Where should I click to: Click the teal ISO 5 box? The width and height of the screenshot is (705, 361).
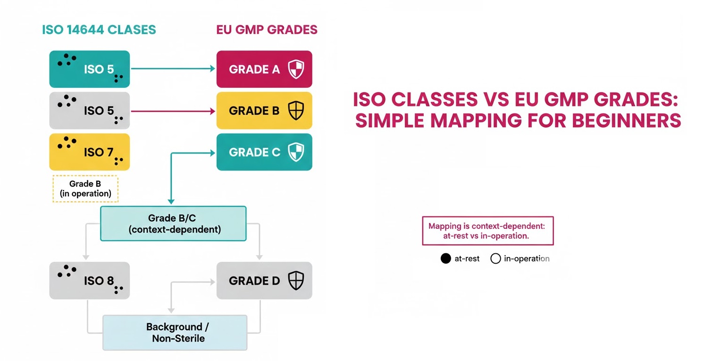(x=89, y=69)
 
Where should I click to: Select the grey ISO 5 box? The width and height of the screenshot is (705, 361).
(x=89, y=111)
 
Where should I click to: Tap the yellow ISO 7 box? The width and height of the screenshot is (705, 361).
(x=89, y=152)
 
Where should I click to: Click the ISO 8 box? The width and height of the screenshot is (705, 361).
(x=89, y=281)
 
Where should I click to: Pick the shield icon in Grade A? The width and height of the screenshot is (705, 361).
(x=296, y=69)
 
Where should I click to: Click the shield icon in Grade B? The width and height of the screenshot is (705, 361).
(x=296, y=111)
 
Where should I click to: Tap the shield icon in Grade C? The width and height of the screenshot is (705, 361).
(x=296, y=152)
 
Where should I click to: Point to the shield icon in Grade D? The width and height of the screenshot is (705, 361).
(x=296, y=281)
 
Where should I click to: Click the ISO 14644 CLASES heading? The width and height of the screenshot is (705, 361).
(x=99, y=30)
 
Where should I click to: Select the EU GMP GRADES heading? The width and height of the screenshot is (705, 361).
(x=267, y=30)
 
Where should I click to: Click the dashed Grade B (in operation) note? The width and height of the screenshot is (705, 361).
(x=85, y=189)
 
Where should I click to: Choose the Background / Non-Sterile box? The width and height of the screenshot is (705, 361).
(x=175, y=332)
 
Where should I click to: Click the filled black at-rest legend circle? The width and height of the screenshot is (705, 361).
(x=445, y=258)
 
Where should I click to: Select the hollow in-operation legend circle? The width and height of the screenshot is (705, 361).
(x=495, y=258)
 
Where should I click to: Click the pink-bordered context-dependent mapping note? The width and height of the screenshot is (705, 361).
(x=487, y=231)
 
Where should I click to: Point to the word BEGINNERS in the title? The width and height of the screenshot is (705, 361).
(x=626, y=121)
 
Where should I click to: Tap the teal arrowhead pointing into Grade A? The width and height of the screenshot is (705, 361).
(x=212, y=69)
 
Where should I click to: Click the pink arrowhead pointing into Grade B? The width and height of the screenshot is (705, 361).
(x=212, y=111)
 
